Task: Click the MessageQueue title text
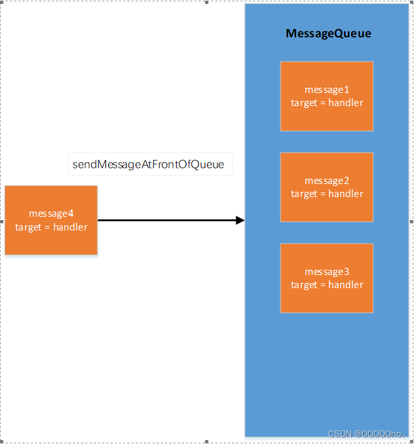coord(328,33)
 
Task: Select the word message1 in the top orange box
coord(327,90)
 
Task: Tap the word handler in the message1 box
coord(347,103)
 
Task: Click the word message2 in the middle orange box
coord(327,181)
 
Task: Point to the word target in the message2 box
coord(304,194)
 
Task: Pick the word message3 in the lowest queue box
coord(327,272)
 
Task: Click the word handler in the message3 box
coord(347,285)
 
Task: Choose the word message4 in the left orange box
coord(51,213)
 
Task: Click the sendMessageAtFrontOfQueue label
coord(149,164)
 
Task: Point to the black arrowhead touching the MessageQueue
coord(240,221)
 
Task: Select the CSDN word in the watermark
coord(340,434)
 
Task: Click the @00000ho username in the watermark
coord(380,434)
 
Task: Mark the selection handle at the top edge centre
coord(207,2)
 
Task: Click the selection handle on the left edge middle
coord(2,221)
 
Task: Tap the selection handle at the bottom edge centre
coord(207,441)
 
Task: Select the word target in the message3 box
coord(304,285)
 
